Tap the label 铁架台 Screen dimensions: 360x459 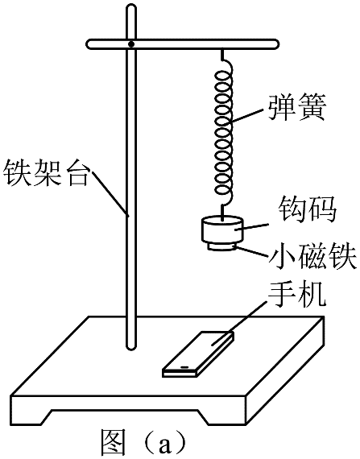46,172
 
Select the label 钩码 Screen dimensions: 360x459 307,209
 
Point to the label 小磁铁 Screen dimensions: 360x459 312,256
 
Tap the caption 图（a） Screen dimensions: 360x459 143,444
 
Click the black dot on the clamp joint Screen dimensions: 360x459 131,44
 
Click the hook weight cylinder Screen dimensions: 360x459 221,229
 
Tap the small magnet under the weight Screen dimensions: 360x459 221,246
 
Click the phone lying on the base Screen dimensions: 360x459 198,354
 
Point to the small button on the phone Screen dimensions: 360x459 184,366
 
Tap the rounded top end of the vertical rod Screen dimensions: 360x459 131,9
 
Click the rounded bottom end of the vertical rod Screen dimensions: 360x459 131,346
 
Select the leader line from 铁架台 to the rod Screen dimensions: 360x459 110,193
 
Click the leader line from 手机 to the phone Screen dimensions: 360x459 239,323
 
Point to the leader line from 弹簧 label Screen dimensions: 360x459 247,115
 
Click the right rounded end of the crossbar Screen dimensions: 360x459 273,44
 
